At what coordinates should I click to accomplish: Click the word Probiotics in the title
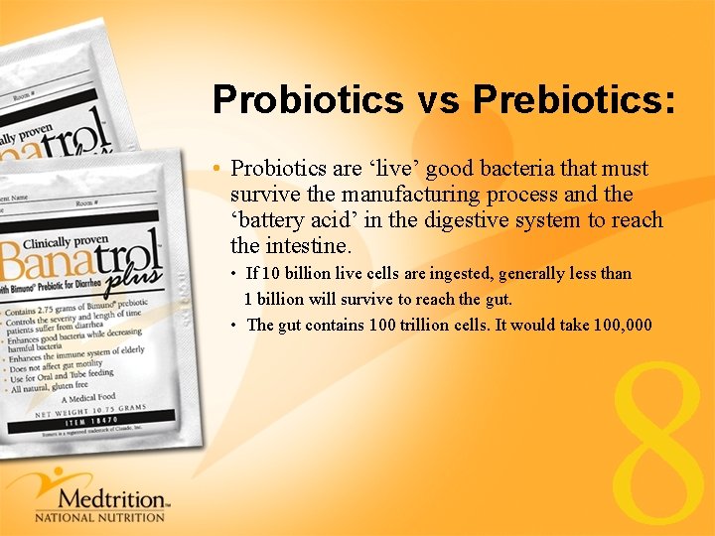(x=307, y=99)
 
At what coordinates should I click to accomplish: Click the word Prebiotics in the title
(x=573, y=99)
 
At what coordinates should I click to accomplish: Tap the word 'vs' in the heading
(x=438, y=100)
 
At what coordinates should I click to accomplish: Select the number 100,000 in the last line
(x=622, y=325)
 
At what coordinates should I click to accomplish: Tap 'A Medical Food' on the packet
(x=90, y=397)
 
